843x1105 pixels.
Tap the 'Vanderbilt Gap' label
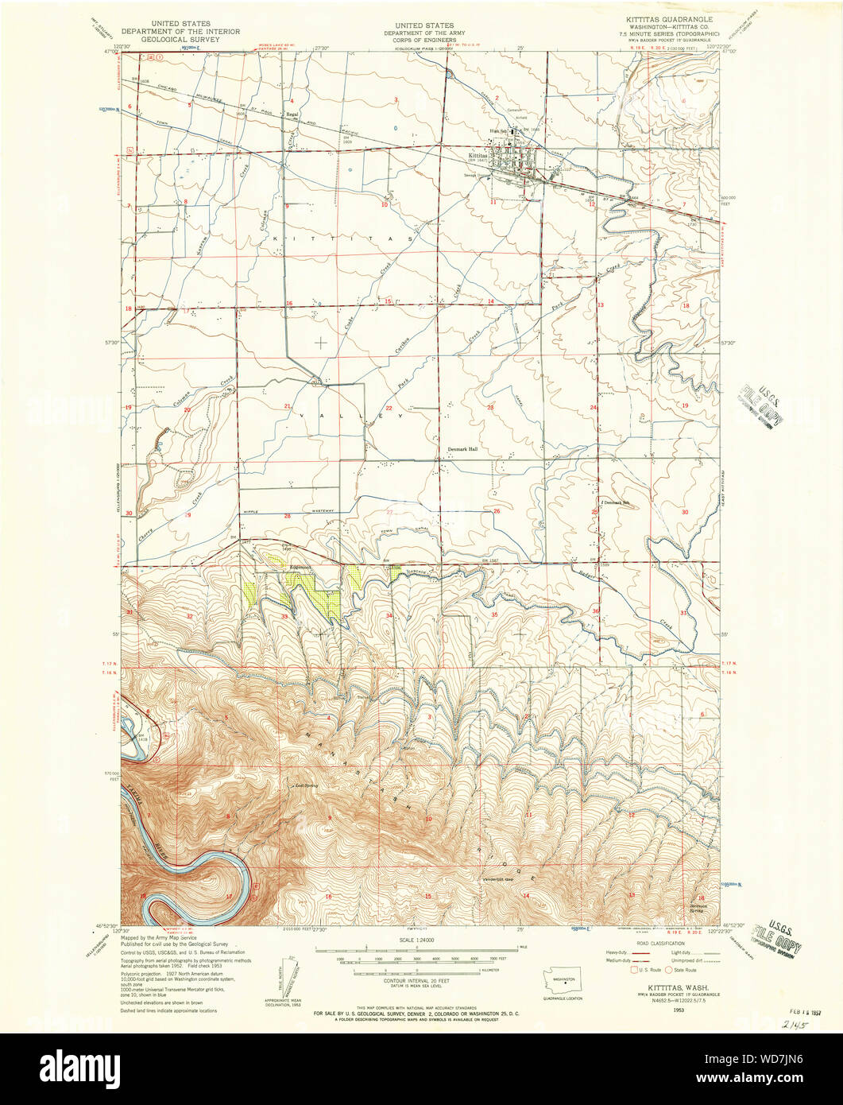(500, 879)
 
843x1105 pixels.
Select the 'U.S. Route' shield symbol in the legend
(634, 969)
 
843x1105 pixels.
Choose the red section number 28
(288, 516)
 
